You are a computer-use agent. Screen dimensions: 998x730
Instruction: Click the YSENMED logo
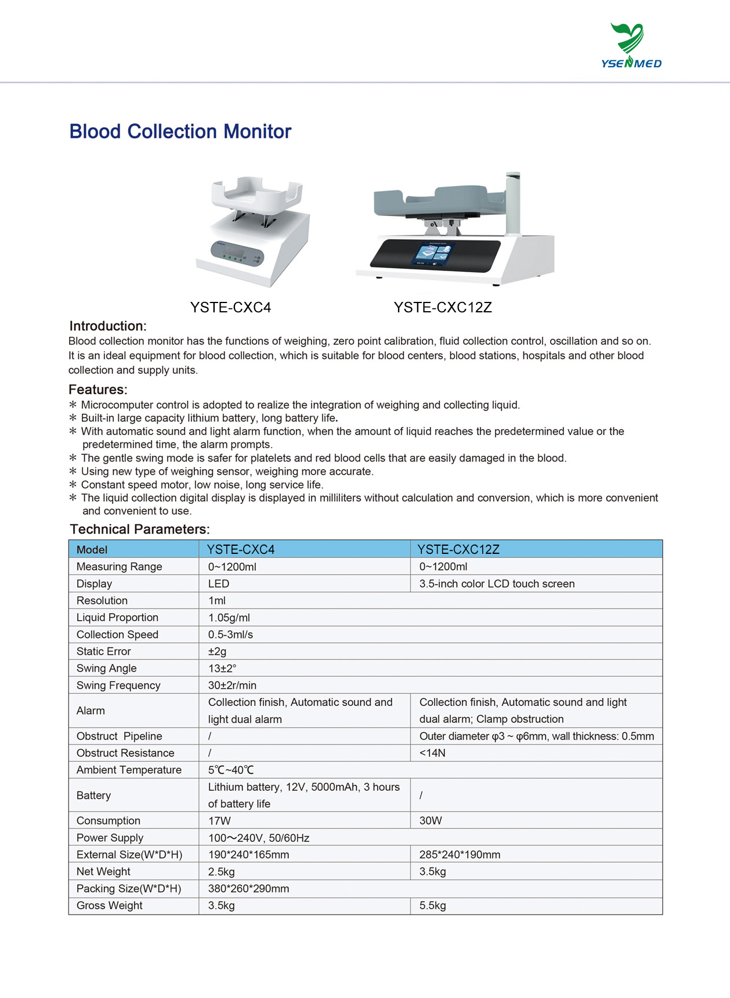click(x=631, y=46)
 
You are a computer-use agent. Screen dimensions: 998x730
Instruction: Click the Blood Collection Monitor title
click(x=180, y=132)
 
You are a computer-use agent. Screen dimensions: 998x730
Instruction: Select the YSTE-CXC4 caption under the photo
click(x=230, y=308)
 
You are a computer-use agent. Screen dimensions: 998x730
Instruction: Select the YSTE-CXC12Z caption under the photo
click(x=443, y=308)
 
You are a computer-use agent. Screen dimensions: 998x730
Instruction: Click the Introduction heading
click(x=108, y=326)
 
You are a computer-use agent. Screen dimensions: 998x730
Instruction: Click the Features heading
click(x=97, y=390)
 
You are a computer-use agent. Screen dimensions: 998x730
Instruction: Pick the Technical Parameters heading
click(x=139, y=529)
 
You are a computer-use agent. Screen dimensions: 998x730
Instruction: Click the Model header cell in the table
click(x=92, y=550)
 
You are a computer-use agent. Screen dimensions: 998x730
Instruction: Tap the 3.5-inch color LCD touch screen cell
click(x=497, y=583)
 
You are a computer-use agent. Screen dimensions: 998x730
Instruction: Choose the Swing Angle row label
click(x=106, y=668)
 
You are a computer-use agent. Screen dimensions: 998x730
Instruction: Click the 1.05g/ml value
click(x=229, y=618)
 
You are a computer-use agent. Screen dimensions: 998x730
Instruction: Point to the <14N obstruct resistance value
click(x=432, y=753)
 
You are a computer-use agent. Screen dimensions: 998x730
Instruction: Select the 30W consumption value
click(x=431, y=821)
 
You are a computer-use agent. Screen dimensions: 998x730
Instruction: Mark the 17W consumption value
click(x=219, y=821)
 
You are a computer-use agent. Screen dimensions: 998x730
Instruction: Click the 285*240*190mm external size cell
click(x=460, y=855)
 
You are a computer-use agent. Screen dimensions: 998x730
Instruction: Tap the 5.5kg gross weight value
click(x=432, y=906)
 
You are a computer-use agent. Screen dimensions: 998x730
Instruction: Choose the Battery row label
click(x=93, y=795)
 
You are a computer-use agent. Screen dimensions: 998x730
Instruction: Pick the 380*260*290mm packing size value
click(x=248, y=889)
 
